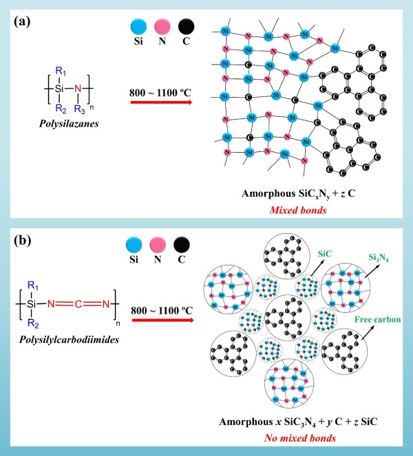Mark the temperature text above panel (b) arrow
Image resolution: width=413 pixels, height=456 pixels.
162,303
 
